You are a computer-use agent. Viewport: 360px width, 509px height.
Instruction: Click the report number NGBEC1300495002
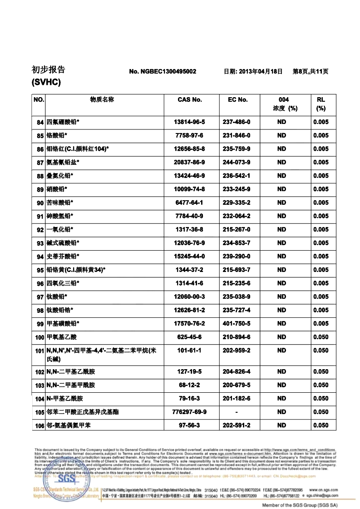(x=163, y=72)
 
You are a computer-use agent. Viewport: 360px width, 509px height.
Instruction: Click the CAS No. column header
(x=190, y=100)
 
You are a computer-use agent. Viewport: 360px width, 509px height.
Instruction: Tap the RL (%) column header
(x=321, y=104)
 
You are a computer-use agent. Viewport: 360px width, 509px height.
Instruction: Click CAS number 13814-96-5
(x=190, y=122)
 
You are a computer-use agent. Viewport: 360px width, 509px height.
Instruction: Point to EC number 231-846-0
(x=237, y=135)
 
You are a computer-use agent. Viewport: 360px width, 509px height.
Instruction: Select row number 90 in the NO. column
(x=40, y=203)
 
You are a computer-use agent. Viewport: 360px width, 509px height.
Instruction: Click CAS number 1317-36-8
(x=190, y=229)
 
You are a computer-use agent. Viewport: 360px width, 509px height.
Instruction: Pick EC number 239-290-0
(x=237, y=257)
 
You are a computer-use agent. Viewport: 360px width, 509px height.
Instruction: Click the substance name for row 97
(x=57, y=297)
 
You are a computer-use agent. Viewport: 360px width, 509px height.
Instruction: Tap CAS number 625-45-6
(x=190, y=337)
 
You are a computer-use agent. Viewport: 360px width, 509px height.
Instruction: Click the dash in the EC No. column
(x=237, y=412)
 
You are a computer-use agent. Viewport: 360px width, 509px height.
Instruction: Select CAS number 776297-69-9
(x=190, y=412)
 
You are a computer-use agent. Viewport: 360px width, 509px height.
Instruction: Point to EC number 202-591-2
(x=237, y=425)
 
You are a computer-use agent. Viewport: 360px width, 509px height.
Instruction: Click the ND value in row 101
(x=281, y=351)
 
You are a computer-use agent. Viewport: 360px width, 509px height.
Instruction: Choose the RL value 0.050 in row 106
(x=321, y=425)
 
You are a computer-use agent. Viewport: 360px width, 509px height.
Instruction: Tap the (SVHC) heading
(x=46, y=83)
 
